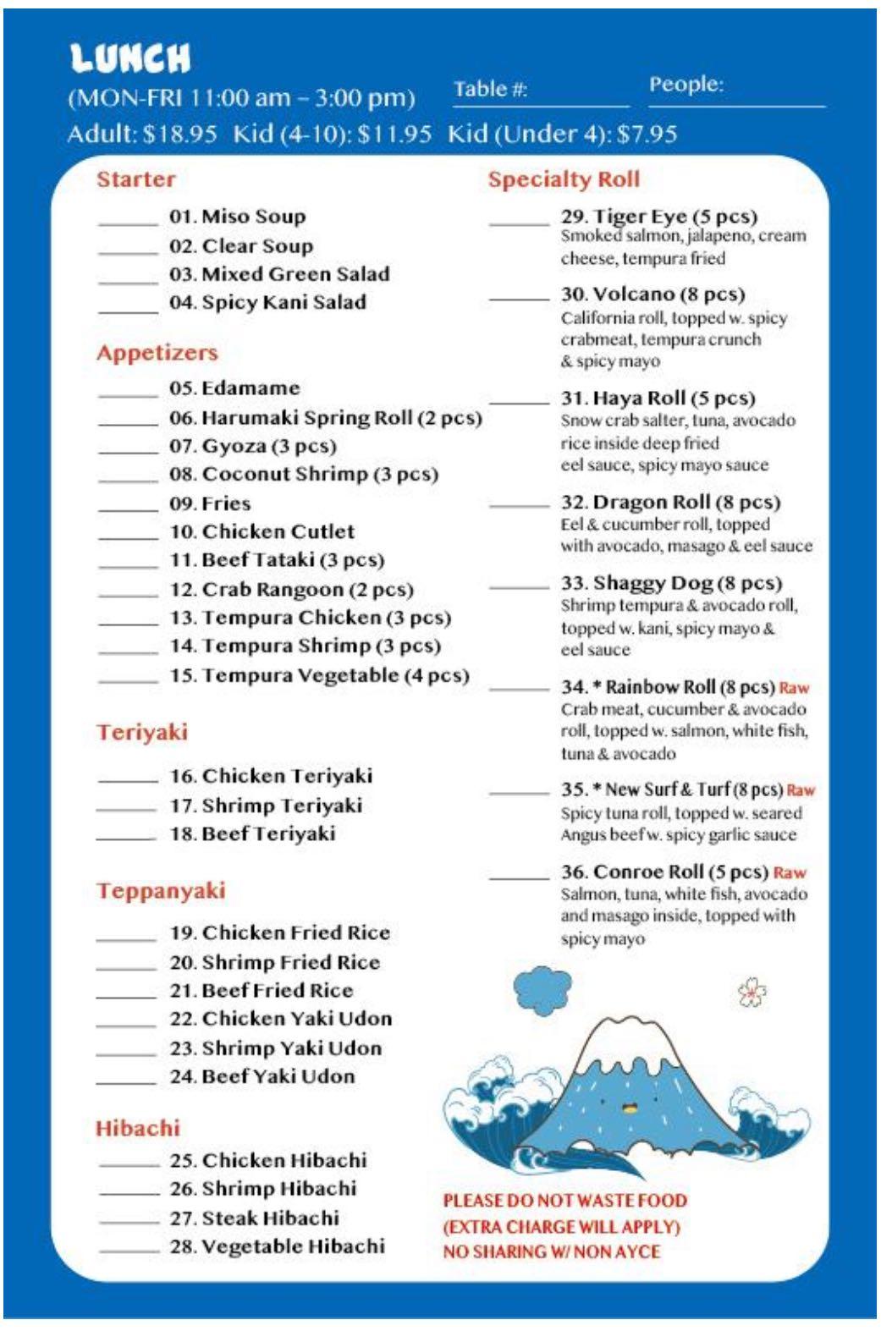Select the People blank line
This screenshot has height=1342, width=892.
pos(736,105)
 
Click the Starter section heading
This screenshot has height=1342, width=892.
pos(136,179)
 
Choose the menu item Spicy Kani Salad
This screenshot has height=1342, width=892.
pos(267,303)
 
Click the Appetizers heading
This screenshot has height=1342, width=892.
pos(157,353)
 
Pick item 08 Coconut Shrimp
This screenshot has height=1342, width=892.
pos(304,474)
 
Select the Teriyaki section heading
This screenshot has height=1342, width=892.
pos(142,732)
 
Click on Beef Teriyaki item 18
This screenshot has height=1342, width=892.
pos(252,834)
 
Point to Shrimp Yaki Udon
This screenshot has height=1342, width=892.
pos(276,1048)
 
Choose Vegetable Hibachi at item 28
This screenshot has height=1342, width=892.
pos(277,1246)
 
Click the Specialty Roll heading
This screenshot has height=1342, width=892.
pos(564,179)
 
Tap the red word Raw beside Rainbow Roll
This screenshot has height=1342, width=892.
pos(794,688)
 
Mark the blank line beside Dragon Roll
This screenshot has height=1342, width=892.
pos(519,506)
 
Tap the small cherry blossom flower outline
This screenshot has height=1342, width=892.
pos(752,993)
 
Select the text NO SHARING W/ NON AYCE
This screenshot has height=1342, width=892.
pos(552,1251)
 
